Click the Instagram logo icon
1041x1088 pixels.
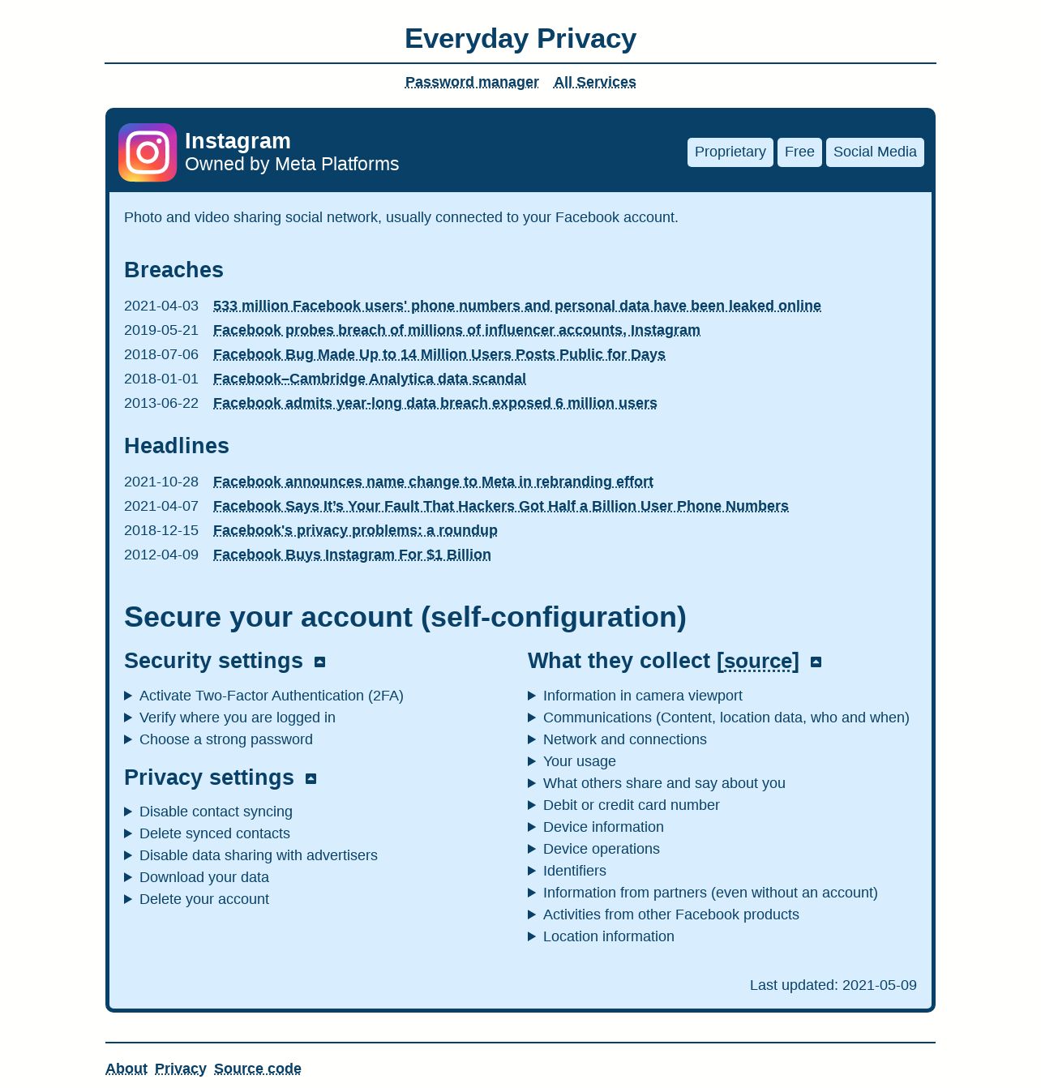point(148,152)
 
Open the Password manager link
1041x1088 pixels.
point(472,82)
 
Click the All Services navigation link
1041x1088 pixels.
point(594,82)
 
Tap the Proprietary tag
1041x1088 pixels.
point(730,152)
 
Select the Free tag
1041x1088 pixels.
point(799,152)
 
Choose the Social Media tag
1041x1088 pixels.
point(875,152)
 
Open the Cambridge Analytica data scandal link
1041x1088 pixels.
point(369,379)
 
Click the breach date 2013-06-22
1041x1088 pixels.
point(161,403)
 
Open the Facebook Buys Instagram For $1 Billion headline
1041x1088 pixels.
point(352,555)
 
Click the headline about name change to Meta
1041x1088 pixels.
point(433,482)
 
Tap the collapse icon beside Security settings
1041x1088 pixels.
point(320,662)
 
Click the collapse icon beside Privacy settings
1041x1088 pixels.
point(311,778)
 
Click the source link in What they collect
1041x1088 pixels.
point(758,662)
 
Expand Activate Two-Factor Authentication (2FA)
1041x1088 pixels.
point(271,696)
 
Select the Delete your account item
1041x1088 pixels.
point(203,899)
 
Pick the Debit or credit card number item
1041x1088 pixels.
point(631,805)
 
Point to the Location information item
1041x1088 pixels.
point(608,936)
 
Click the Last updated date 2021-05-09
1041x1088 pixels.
point(879,985)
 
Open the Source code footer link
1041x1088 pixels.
point(257,1069)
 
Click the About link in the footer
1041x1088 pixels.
point(126,1069)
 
